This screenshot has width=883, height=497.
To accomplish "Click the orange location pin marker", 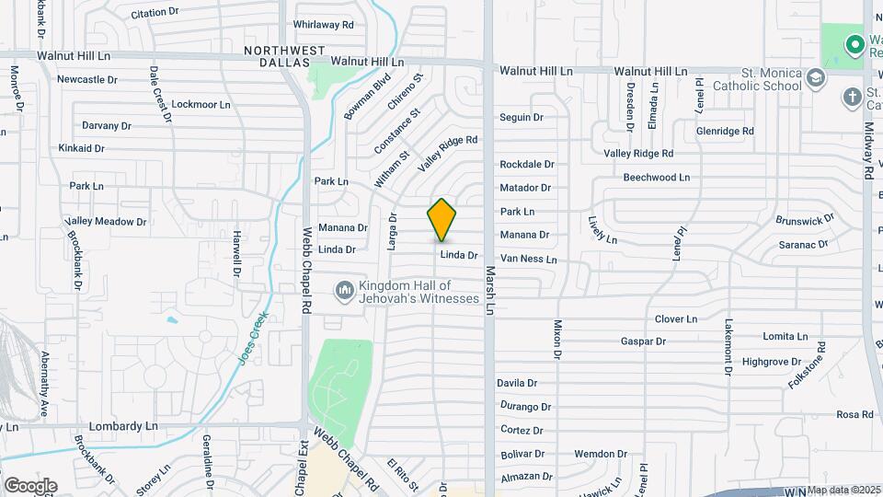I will (441, 219).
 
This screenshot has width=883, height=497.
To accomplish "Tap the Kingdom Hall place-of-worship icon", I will (345, 291).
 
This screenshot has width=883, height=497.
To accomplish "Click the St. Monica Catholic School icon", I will (815, 78).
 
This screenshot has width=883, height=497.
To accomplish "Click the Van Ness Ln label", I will (528, 260).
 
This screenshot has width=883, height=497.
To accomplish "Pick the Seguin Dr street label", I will (522, 117).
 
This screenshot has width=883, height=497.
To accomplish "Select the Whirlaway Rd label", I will (323, 25).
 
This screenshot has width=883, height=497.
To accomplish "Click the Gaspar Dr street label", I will (643, 341).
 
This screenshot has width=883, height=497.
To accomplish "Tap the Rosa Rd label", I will (854, 415).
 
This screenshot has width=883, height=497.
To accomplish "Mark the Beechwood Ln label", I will (656, 177).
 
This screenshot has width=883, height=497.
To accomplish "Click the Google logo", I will (30, 485).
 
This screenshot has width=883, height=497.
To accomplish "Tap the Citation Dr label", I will (155, 13).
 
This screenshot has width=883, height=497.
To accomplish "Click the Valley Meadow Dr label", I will (106, 222).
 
